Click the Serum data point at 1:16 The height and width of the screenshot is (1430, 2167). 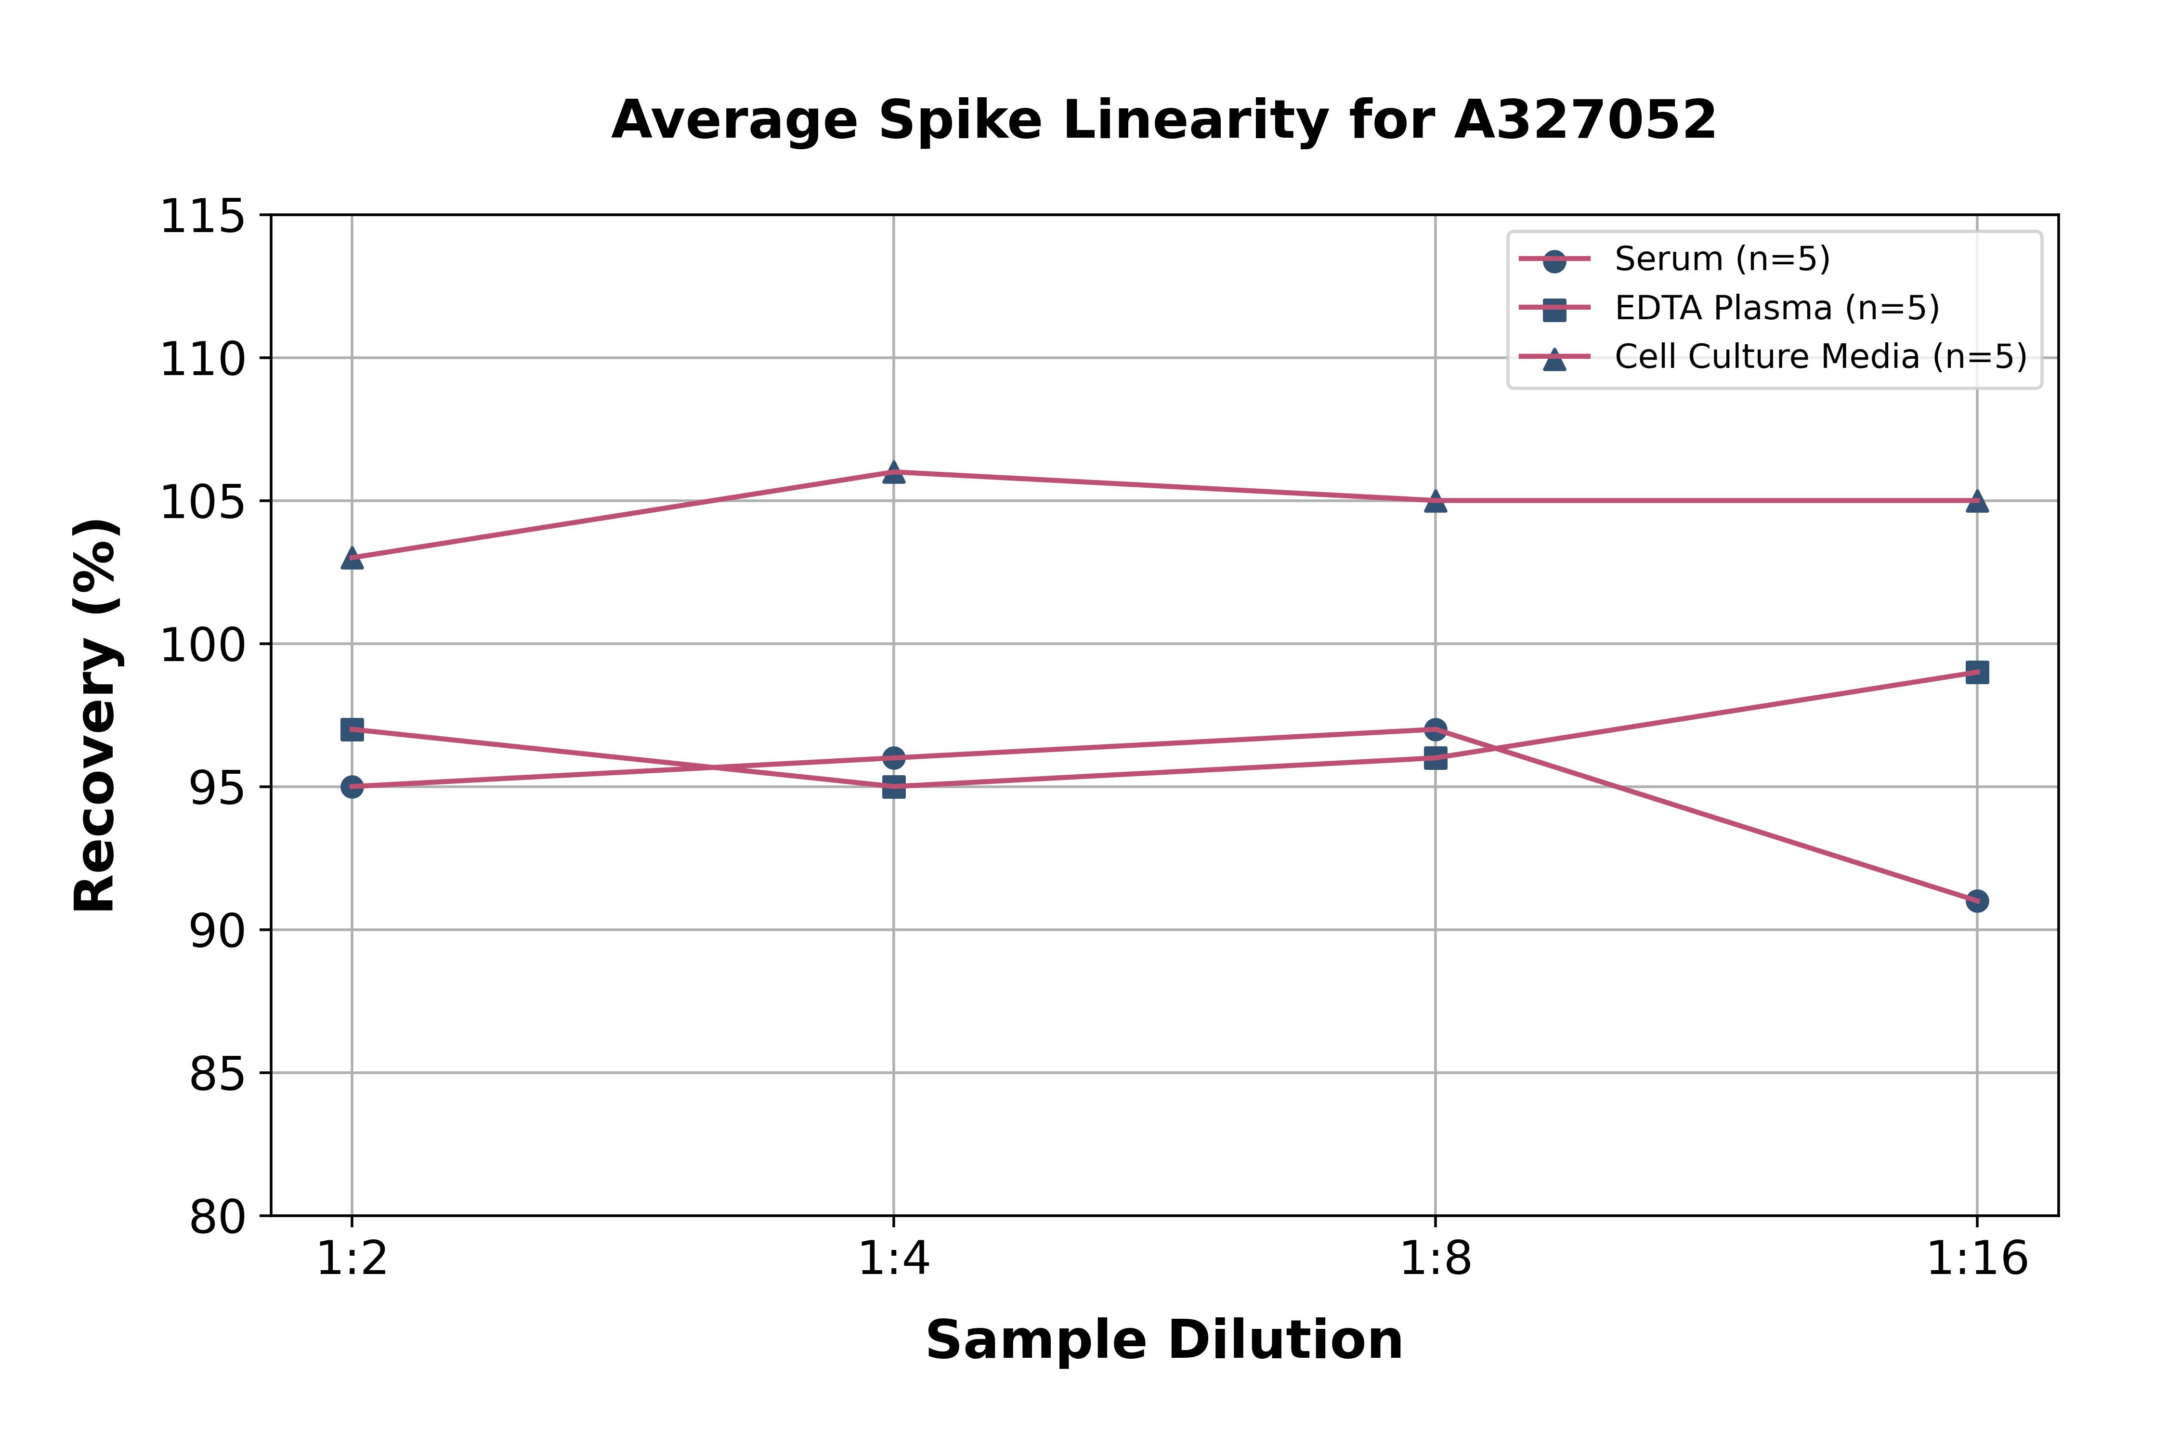(x=1976, y=901)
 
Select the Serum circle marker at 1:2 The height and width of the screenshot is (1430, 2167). (x=352, y=786)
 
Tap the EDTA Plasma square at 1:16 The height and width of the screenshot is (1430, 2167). (x=1976, y=672)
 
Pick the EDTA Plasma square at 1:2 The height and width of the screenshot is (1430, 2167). (x=352, y=729)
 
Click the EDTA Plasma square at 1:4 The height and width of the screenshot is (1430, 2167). (x=894, y=786)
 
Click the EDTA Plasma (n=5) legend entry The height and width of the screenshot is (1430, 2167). (x=1776, y=308)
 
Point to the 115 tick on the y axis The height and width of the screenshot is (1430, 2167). (x=202, y=217)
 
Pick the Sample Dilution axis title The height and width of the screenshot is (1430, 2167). (x=1164, y=1339)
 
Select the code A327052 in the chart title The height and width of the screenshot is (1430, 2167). (x=1585, y=119)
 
